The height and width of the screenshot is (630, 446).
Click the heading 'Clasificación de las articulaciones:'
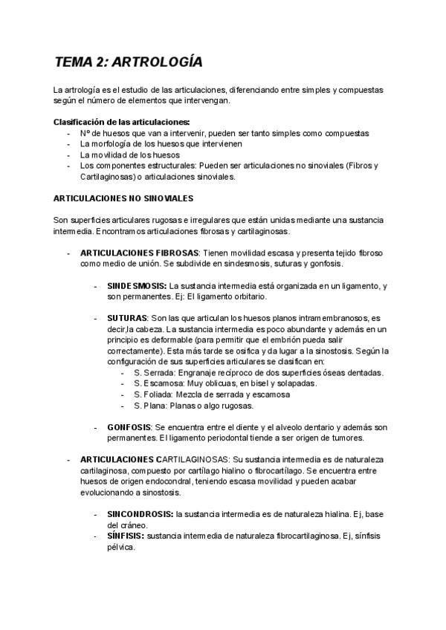(122, 122)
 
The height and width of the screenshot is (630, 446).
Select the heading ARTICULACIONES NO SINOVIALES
(123, 198)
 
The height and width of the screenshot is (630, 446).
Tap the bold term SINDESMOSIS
(137, 285)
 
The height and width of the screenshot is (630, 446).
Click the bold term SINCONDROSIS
(140, 514)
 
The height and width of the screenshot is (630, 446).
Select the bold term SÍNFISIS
(126, 536)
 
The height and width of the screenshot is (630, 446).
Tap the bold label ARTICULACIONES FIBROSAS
(139, 253)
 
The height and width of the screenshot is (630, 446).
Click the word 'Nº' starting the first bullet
(85, 133)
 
